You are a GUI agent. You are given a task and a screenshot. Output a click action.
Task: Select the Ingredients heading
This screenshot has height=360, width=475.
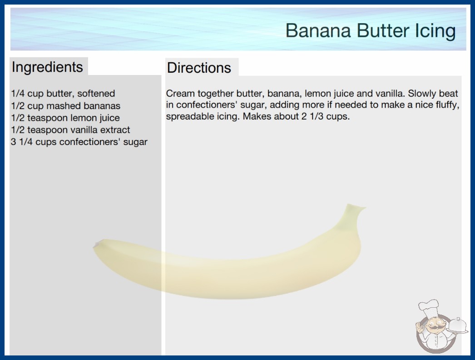coord(47,67)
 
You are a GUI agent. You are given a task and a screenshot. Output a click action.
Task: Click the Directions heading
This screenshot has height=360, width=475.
coord(199,68)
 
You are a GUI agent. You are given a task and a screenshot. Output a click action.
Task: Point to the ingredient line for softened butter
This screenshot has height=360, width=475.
coord(63,94)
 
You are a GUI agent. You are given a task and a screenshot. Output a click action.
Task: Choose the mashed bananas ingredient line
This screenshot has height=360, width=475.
coord(66,105)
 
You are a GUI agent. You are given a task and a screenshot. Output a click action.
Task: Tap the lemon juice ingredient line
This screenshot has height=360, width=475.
coord(65,118)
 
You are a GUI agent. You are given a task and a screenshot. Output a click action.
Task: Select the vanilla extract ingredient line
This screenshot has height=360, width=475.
coord(70,130)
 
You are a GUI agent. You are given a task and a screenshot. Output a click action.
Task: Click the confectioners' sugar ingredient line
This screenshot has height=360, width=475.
coord(79,142)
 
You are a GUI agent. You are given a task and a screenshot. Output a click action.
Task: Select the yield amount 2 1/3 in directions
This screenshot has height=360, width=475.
coord(312,116)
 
